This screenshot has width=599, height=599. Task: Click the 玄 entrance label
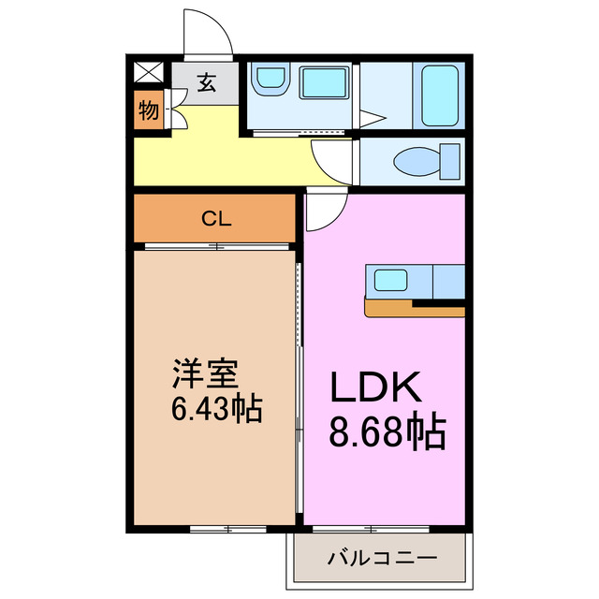206,83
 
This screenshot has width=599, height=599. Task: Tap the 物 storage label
148,111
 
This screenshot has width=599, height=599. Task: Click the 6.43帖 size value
215,409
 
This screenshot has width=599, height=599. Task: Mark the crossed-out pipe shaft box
147,72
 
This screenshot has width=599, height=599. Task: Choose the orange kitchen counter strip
412,307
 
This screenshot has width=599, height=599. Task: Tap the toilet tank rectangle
450,162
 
